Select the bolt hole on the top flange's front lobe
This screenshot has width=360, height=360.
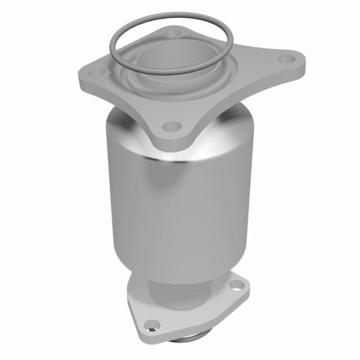172,127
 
